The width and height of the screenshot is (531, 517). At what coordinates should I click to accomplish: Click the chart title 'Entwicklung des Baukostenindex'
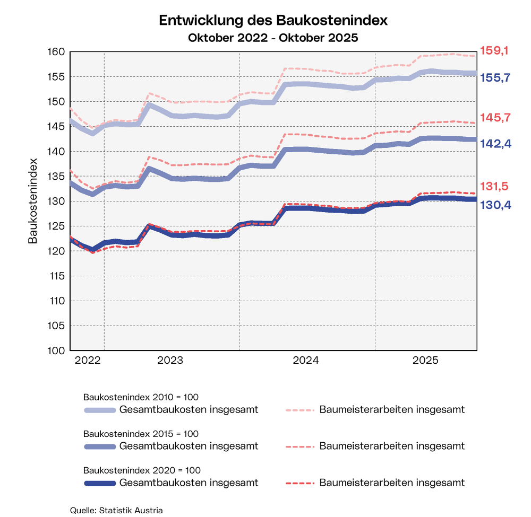coord(273,21)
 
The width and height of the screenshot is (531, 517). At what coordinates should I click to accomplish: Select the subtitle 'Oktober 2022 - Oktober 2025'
coord(273,38)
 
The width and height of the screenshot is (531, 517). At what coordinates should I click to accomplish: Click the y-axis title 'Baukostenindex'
coord(33,200)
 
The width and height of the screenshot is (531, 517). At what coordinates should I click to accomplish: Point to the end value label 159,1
coord(494,51)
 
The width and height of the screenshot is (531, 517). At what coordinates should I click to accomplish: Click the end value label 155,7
coord(495,77)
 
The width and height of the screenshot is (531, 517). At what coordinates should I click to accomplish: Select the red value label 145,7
coord(495,117)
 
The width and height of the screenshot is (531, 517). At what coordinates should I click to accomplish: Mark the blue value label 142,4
coord(495,143)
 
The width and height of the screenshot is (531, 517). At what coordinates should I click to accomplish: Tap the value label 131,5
coord(494,186)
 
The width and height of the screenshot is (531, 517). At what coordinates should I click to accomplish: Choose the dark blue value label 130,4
coord(495,205)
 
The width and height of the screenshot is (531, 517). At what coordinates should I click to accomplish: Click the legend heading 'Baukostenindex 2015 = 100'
coord(141,434)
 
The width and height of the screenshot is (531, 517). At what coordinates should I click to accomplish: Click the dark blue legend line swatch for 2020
coord(100,483)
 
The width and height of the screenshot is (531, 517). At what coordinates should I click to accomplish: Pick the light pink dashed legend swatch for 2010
coord(301,410)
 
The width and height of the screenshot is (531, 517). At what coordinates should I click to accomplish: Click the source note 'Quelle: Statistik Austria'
coord(116,510)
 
